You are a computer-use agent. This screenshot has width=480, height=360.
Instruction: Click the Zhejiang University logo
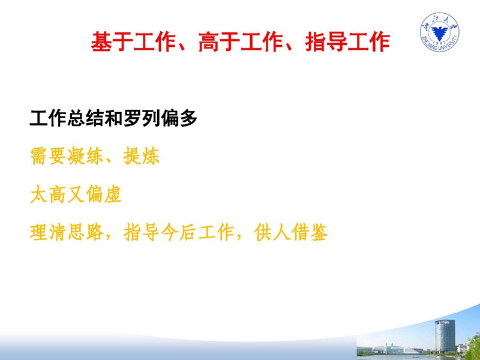(440, 32)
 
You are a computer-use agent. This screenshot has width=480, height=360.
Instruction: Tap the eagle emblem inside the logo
(440, 32)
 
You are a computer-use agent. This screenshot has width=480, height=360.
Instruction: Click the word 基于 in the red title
(112, 42)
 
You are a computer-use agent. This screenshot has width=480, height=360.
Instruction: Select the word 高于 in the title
(219, 42)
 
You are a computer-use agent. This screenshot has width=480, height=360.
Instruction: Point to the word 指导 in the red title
(326, 42)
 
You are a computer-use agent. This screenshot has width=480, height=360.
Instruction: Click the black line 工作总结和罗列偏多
(113, 118)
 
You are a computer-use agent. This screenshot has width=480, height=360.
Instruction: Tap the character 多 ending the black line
(188, 118)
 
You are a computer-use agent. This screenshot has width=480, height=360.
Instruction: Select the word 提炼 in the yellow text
(142, 157)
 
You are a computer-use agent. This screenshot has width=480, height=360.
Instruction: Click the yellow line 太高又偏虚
(76, 194)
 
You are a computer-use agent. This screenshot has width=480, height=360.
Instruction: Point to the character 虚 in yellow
(113, 194)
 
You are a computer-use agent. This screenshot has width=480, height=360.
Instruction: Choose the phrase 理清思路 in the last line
(67, 233)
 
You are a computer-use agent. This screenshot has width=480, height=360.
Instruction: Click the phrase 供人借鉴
(291, 233)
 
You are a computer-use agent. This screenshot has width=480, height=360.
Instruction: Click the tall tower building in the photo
(445, 336)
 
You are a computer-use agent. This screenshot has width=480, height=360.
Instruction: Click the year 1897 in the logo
(440, 43)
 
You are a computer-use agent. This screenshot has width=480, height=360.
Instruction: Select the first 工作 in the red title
(155, 42)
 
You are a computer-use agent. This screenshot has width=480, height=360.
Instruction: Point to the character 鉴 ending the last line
(319, 233)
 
